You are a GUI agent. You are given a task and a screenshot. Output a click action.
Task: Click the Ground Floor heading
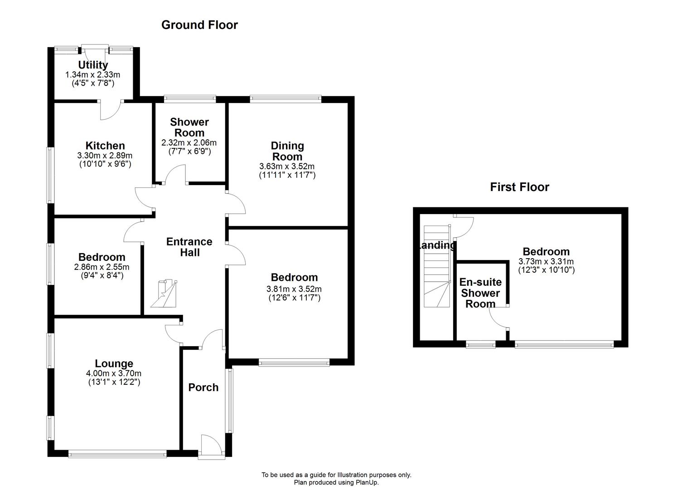point(199,25)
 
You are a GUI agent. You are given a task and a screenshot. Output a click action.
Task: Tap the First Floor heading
point(519,187)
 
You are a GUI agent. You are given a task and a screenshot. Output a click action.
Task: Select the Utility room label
point(93,65)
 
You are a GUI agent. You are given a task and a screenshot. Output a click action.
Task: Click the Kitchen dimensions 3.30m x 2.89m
point(104,156)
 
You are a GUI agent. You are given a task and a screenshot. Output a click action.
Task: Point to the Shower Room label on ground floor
point(189,127)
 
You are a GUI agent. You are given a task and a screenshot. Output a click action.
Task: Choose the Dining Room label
point(287,151)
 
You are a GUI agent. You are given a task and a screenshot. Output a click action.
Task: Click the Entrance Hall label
point(189,247)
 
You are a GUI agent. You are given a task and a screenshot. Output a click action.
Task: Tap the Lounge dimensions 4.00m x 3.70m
point(114,373)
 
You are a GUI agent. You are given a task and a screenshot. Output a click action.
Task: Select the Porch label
point(203,387)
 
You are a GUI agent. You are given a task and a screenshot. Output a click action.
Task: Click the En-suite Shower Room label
point(480,293)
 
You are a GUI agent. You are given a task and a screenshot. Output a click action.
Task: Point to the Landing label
point(436,245)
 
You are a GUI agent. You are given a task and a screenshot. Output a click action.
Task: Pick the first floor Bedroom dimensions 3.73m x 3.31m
point(546,261)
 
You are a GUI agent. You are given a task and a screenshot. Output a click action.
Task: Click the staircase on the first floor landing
point(437,268)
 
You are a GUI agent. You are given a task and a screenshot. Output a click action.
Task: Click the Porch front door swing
point(210,445)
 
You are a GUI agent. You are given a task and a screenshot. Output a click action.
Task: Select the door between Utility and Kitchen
point(110,110)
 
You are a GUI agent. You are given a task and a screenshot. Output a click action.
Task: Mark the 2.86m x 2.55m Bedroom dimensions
point(102,267)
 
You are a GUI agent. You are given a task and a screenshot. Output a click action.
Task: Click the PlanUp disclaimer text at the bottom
point(336,479)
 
